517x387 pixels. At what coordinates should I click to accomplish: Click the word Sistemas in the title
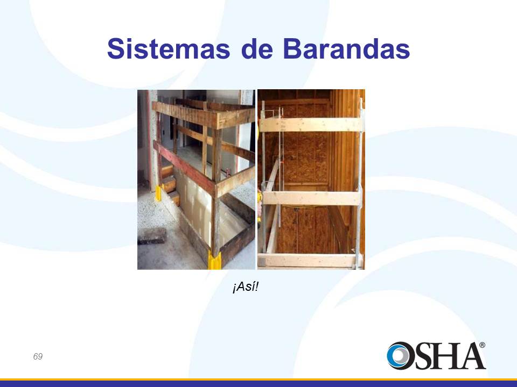click(x=169, y=49)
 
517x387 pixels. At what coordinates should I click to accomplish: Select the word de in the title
click(x=257, y=49)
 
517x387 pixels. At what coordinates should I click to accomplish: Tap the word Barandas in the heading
click(x=346, y=49)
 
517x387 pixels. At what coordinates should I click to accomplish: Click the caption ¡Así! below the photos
click(x=246, y=287)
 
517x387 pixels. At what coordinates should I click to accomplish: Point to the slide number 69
click(x=38, y=356)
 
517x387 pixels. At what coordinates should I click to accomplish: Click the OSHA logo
click(x=436, y=355)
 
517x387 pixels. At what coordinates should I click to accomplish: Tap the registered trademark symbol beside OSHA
click(x=482, y=345)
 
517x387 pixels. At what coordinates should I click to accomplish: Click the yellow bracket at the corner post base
click(x=215, y=260)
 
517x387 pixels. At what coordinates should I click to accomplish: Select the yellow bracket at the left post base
click(x=158, y=194)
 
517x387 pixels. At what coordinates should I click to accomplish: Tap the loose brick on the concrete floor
click(x=152, y=235)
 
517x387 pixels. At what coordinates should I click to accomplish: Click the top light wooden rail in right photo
click(x=311, y=125)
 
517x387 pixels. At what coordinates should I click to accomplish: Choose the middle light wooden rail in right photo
click(x=311, y=198)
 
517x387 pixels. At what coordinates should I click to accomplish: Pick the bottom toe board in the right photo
click(x=310, y=260)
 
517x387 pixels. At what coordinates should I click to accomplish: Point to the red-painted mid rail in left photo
click(x=185, y=167)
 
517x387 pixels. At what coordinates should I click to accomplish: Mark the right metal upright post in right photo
click(x=359, y=184)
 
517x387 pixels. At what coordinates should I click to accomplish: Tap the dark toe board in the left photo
click(x=237, y=243)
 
